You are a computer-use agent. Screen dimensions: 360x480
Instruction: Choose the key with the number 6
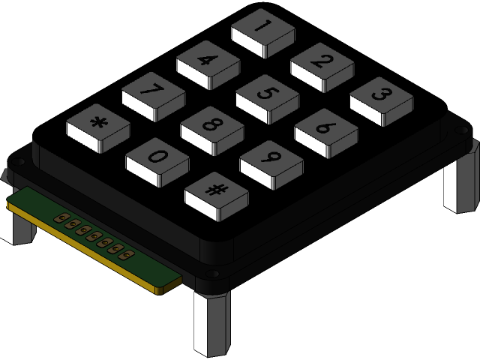(x=325, y=128)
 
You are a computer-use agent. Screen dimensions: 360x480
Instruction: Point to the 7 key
(x=153, y=92)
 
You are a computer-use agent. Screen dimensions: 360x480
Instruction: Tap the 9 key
(x=271, y=160)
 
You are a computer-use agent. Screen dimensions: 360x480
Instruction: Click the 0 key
(x=157, y=157)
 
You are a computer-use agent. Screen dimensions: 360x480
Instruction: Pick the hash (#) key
(x=216, y=191)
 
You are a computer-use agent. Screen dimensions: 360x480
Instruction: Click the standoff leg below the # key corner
(x=212, y=323)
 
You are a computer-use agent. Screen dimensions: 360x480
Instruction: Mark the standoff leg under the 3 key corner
(x=460, y=184)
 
